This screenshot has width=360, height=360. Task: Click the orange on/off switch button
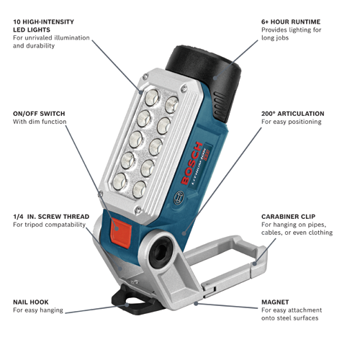pyautogui.click(x=121, y=233)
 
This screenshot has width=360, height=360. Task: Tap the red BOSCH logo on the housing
pyautogui.click(x=192, y=163)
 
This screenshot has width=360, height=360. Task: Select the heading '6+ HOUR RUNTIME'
pyautogui.click(x=291, y=22)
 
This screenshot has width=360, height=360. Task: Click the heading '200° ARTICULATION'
pyautogui.click(x=293, y=114)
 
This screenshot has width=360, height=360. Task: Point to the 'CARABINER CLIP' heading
pyautogui.click(x=288, y=217)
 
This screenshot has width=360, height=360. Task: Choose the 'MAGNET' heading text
pyautogui.click(x=275, y=302)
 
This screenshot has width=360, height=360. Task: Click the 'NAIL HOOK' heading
pyautogui.click(x=31, y=302)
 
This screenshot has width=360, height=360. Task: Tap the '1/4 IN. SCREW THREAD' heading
pyautogui.click(x=51, y=217)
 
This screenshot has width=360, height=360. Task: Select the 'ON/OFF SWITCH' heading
pyautogui.click(x=39, y=114)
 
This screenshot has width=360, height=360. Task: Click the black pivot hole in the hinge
pyautogui.click(x=161, y=252)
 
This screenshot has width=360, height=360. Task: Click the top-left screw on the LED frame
pyautogui.click(x=145, y=77)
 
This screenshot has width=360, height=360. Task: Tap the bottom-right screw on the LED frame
pyautogui.click(x=138, y=210)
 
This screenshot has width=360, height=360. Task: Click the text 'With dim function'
pyautogui.click(x=40, y=122)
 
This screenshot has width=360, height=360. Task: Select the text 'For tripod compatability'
pyautogui.click(x=49, y=225)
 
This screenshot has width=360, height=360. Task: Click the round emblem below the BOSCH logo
pyautogui.click(x=179, y=197)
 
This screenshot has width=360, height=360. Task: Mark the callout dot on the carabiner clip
pyautogui.click(x=255, y=264)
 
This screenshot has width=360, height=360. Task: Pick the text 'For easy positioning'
pyautogui.click(x=292, y=122)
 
